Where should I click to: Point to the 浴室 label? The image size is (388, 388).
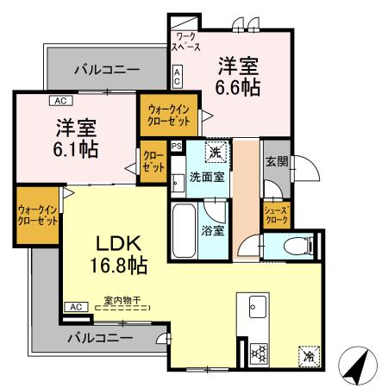click(213, 231)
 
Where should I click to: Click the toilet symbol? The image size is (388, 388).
click(298, 247)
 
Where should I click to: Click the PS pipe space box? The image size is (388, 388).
click(176, 147)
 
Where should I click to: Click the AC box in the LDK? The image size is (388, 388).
click(75, 307)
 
